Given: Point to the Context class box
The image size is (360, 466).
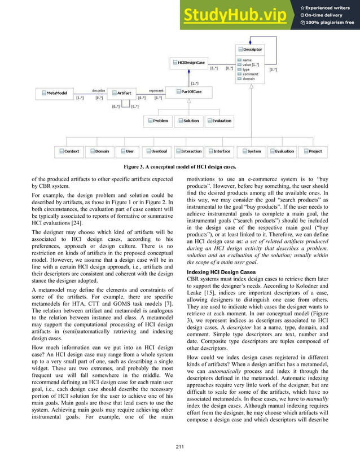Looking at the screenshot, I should [69, 151].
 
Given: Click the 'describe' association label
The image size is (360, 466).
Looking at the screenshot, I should [98, 89].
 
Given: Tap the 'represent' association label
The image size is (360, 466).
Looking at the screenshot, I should [156, 89].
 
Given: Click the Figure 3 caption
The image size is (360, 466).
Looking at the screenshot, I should [179, 168].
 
